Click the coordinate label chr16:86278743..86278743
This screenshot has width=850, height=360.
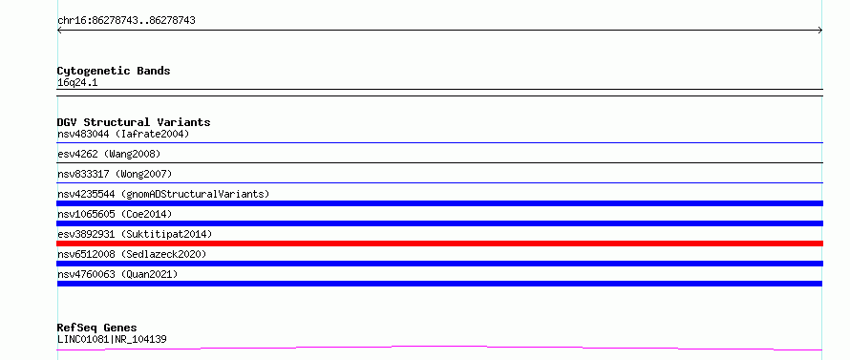126,21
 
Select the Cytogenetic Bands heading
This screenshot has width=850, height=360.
114,71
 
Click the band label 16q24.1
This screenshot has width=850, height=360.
77,83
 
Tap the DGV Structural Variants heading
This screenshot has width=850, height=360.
134,122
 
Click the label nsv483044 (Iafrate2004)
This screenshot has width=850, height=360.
123,134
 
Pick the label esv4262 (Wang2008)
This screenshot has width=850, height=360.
109,154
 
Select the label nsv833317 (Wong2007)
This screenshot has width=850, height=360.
115,174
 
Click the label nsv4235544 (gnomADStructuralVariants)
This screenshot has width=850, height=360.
163,194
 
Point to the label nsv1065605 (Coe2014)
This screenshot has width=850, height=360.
115,214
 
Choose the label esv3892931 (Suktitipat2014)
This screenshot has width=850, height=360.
135,234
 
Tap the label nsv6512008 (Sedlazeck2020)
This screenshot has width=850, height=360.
132,254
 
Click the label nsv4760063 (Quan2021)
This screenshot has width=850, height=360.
117,274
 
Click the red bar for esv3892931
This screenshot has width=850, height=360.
439,244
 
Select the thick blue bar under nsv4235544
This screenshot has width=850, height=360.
439,203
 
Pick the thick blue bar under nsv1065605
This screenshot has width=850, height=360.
439,223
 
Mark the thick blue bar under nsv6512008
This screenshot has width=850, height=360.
439,264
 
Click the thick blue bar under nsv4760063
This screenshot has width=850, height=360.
439,284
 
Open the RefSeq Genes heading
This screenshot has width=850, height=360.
97,328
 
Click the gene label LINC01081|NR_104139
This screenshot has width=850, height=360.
112,339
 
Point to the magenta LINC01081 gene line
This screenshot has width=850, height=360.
439,347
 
